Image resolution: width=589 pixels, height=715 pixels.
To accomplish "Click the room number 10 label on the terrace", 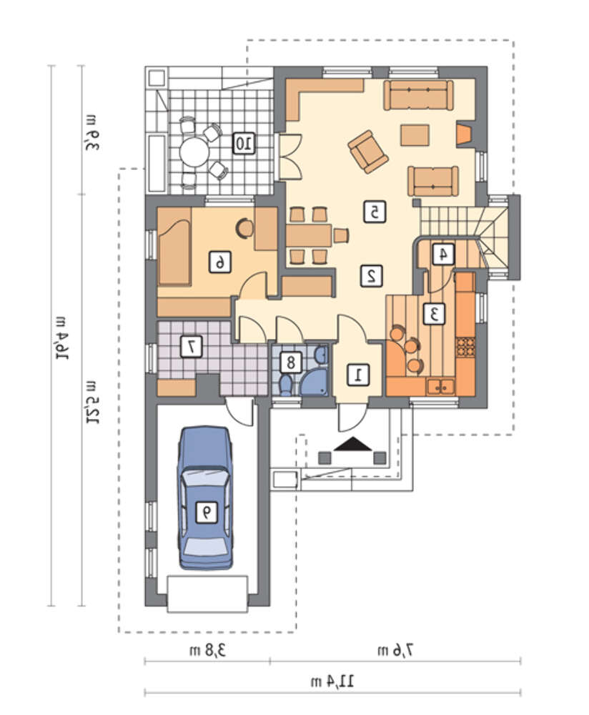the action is tap(244, 144).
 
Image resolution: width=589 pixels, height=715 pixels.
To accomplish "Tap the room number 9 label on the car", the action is tap(207, 512).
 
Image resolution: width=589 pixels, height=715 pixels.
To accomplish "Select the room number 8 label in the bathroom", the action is tap(290, 363).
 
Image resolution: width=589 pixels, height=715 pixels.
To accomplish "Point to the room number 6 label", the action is tap(219, 262).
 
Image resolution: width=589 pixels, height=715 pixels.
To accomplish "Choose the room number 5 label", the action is tap(375, 212).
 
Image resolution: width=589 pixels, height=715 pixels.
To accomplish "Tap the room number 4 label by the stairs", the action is tap(442, 255).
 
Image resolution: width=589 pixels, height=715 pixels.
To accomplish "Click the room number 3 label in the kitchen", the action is tap(434, 313).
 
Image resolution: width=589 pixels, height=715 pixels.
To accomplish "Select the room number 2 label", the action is tap(372, 276).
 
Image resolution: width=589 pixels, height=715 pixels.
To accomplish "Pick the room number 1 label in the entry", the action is tap(358, 375).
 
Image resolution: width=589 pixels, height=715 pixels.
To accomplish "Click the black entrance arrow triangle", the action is tap(353, 444).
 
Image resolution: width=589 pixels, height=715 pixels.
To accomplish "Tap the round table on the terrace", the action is tap(194, 152).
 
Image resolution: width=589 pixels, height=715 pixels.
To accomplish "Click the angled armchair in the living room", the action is tap(368, 152).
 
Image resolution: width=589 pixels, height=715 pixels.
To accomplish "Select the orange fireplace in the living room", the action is tap(465, 134).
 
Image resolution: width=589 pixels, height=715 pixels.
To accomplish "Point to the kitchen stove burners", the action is tap(465, 346).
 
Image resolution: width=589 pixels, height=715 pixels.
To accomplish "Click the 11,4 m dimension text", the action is tap(332, 682).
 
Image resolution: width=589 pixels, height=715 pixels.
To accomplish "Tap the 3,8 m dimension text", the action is tap(207, 650).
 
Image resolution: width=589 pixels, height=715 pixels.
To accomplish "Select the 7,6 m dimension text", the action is tap(395, 650).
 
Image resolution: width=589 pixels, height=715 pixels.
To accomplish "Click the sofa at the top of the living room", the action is tap(418, 95).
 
